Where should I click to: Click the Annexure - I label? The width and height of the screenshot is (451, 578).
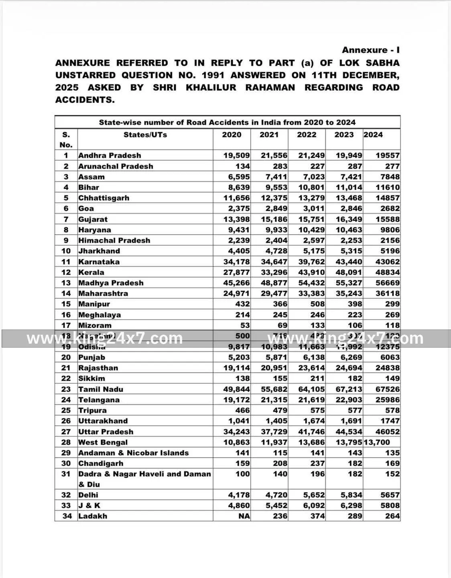(x=370, y=50)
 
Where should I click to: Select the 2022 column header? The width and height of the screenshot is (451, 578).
(x=307, y=135)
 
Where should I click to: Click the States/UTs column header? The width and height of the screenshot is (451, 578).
(x=145, y=135)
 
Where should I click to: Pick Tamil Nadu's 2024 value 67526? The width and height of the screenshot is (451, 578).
(x=387, y=389)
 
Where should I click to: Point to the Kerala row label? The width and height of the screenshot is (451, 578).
(x=91, y=272)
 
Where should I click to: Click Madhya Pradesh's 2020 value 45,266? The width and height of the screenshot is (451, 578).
(x=236, y=283)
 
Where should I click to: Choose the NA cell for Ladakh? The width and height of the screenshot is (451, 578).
(x=244, y=516)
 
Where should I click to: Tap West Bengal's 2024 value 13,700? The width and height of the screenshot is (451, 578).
(x=377, y=442)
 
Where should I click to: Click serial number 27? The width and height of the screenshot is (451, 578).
(x=66, y=432)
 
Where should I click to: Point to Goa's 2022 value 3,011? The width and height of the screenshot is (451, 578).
(x=312, y=209)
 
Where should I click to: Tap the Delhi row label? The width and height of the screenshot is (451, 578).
(x=88, y=495)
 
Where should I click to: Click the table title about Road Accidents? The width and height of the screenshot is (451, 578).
(x=227, y=122)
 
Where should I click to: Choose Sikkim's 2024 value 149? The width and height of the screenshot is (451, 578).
(x=392, y=379)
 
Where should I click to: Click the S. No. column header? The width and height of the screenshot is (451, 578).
(x=66, y=140)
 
